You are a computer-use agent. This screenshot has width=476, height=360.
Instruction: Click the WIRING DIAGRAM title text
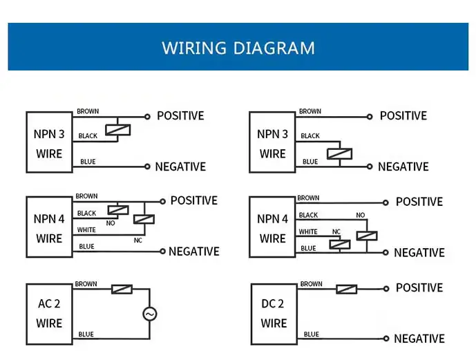point(238,48)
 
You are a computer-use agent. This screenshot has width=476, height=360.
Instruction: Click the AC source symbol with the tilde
point(150,314)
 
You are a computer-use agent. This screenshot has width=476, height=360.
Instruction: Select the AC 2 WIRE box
point(49,313)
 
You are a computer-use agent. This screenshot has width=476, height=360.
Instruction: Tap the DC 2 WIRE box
point(274,313)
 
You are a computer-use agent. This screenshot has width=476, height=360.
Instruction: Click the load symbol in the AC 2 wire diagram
point(122,289)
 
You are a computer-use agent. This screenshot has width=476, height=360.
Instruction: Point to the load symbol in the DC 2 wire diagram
point(347,289)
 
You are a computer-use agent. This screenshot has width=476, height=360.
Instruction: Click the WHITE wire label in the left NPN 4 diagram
point(86,230)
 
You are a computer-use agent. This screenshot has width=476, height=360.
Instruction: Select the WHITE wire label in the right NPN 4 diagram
point(308,231)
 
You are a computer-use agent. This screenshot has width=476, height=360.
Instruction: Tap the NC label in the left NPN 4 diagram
point(138,240)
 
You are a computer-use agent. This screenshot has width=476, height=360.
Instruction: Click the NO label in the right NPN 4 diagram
point(360,216)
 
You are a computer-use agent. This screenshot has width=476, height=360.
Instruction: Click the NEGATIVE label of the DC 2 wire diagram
point(419,339)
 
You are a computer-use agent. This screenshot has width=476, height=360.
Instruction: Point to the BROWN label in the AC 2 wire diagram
point(86,284)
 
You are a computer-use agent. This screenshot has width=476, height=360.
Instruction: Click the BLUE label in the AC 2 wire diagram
point(86,334)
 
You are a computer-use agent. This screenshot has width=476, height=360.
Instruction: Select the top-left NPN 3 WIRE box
point(49,142)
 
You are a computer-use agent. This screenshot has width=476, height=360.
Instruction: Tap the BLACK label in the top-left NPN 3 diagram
point(88,136)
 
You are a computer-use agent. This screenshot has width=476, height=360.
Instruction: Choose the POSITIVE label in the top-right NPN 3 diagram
point(403,116)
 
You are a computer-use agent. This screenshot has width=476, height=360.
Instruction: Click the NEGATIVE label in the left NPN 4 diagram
point(194,252)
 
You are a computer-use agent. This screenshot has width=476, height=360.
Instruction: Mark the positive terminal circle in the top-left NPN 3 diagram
point(147,117)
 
